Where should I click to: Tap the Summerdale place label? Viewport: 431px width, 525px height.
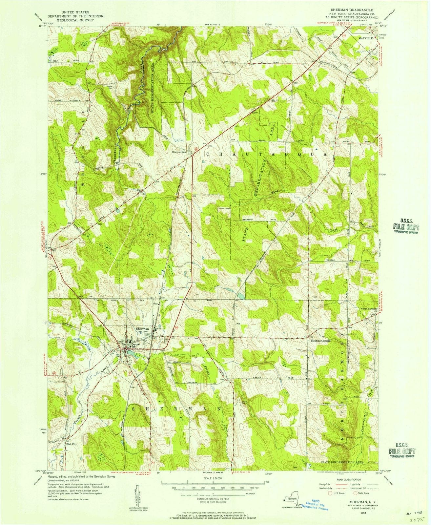180,152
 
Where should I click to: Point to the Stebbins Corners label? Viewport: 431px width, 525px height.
320,341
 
